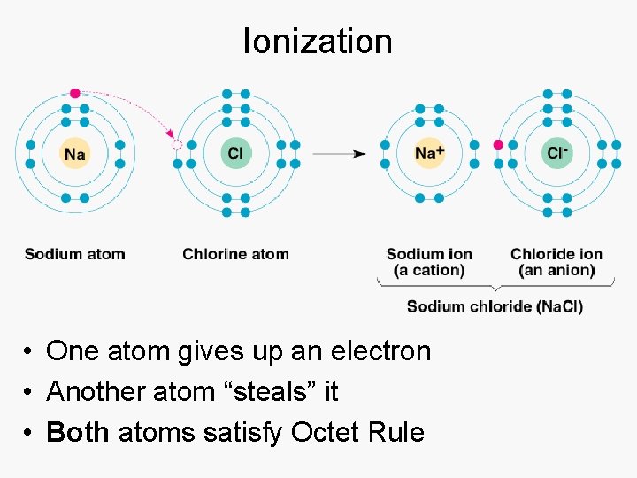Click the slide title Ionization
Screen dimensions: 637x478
point(318,41)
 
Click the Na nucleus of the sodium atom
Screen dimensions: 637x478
point(75,154)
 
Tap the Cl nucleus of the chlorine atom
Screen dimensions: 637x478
point(235,154)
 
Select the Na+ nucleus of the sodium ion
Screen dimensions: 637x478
point(429,153)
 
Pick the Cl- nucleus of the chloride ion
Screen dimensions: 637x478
point(557,153)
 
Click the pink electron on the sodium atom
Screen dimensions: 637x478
point(75,93)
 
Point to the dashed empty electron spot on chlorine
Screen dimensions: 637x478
point(177,144)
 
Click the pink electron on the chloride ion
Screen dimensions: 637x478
point(498,144)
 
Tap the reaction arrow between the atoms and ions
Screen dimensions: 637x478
point(340,154)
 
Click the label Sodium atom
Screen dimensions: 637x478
point(75,254)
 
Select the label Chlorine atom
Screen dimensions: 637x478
point(235,254)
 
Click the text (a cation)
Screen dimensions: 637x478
point(429,270)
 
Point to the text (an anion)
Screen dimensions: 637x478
point(556,270)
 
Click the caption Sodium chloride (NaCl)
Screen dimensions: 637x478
point(495,306)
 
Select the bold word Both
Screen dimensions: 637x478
point(78,432)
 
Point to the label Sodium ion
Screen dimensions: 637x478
point(429,254)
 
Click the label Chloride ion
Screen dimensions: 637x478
point(556,254)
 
